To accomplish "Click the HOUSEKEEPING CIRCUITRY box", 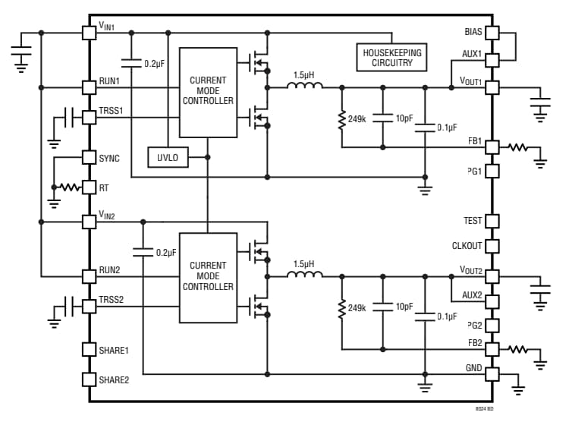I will pyautogui.click(x=391, y=57).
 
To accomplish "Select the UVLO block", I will pyautogui.click(x=167, y=157).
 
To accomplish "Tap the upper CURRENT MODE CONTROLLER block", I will pyautogui.click(x=207, y=91).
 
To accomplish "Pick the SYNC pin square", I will pyautogui.click(x=89, y=157).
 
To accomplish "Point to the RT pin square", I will pyautogui.click(x=89, y=186).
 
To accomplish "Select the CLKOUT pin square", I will pyautogui.click(x=492, y=246).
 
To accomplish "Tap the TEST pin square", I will pyautogui.click(x=492, y=221).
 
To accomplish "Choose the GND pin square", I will pyautogui.click(x=492, y=373).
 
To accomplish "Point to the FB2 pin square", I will pyautogui.click(x=492, y=349).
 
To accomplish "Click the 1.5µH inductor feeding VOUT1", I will pyautogui.click(x=303, y=87).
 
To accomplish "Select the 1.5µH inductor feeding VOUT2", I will pyautogui.click(x=303, y=274).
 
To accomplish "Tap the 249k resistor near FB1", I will pyautogui.click(x=342, y=118).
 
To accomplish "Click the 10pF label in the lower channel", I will pyautogui.click(x=404, y=307).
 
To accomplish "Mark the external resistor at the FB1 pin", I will pyautogui.click(x=518, y=146).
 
